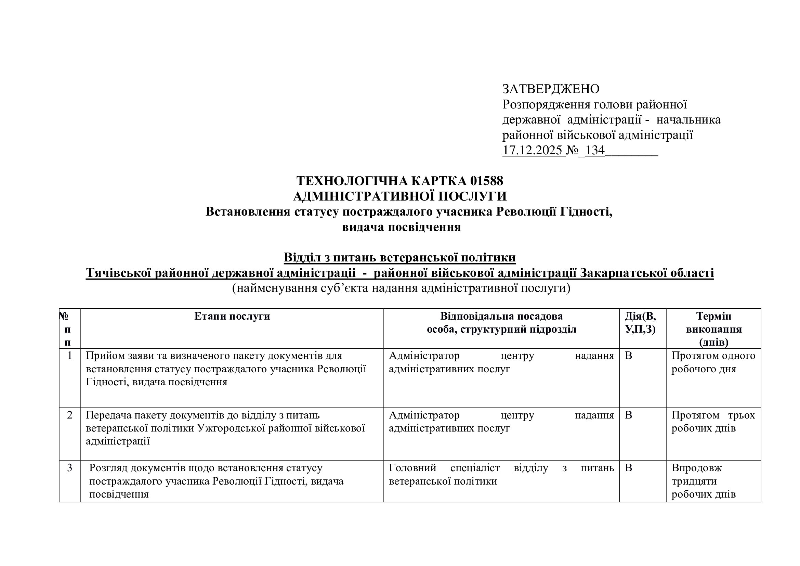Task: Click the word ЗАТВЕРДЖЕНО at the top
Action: pyautogui.click(x=551, y=89)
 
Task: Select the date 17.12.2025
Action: pyautogui.click(x=533, y=150)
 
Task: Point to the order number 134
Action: pyautogui.click(x=595, y=150)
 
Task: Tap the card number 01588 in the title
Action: pyautogui.click(x=486, y=181)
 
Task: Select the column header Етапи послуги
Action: pyautogui.click(x=232, y=316)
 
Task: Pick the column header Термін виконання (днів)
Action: pyautogui.click(x=713, y=329)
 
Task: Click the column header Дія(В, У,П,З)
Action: pyautogui.click(x=640, y=322)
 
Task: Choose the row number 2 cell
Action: pyautogui.click(x=70, y=415)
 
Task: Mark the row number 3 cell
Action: pyautogui.click(x=70, y=468)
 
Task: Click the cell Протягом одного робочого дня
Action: pyautogui.click(x=713, y=362)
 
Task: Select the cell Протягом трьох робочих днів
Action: pyautogui.click(x=713, y=421)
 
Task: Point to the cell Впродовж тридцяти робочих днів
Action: pyautogui.click(x=704, y=481)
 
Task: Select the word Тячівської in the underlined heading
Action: pyautogui.click(x=118, y=273)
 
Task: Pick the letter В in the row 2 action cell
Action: pyautogui.click(x=629, y=415)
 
